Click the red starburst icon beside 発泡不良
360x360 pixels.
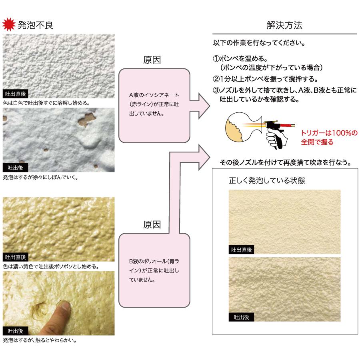(x=9, y=24)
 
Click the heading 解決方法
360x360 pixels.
(x=284, y=25)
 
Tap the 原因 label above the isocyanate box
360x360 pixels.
(x=152, y=60)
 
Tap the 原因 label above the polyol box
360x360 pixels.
(x=152, y=224)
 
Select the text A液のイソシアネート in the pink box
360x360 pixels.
(x=154, y=95)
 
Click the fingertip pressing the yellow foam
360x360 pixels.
(x=66, y=306)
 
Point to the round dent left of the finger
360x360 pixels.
(x=40, y=311)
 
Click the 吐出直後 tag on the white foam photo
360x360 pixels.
(x=15, y=94)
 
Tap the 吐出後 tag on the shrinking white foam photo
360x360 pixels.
(x=15, y=168)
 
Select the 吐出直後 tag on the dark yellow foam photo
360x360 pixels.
(x=15, y=257)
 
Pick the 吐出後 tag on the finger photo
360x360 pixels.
(x=15, y=331)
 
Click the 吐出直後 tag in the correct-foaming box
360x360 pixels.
(x=241, y=250)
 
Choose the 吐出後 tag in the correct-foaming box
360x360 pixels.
(x=241, y=317)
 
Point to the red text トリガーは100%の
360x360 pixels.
(x=329, y=133)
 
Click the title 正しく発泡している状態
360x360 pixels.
(x=267, y=180)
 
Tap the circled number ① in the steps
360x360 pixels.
(x=216, y=58)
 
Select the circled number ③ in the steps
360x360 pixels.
(x=216, y=90)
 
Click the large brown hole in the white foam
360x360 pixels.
(x=87, y=119)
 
